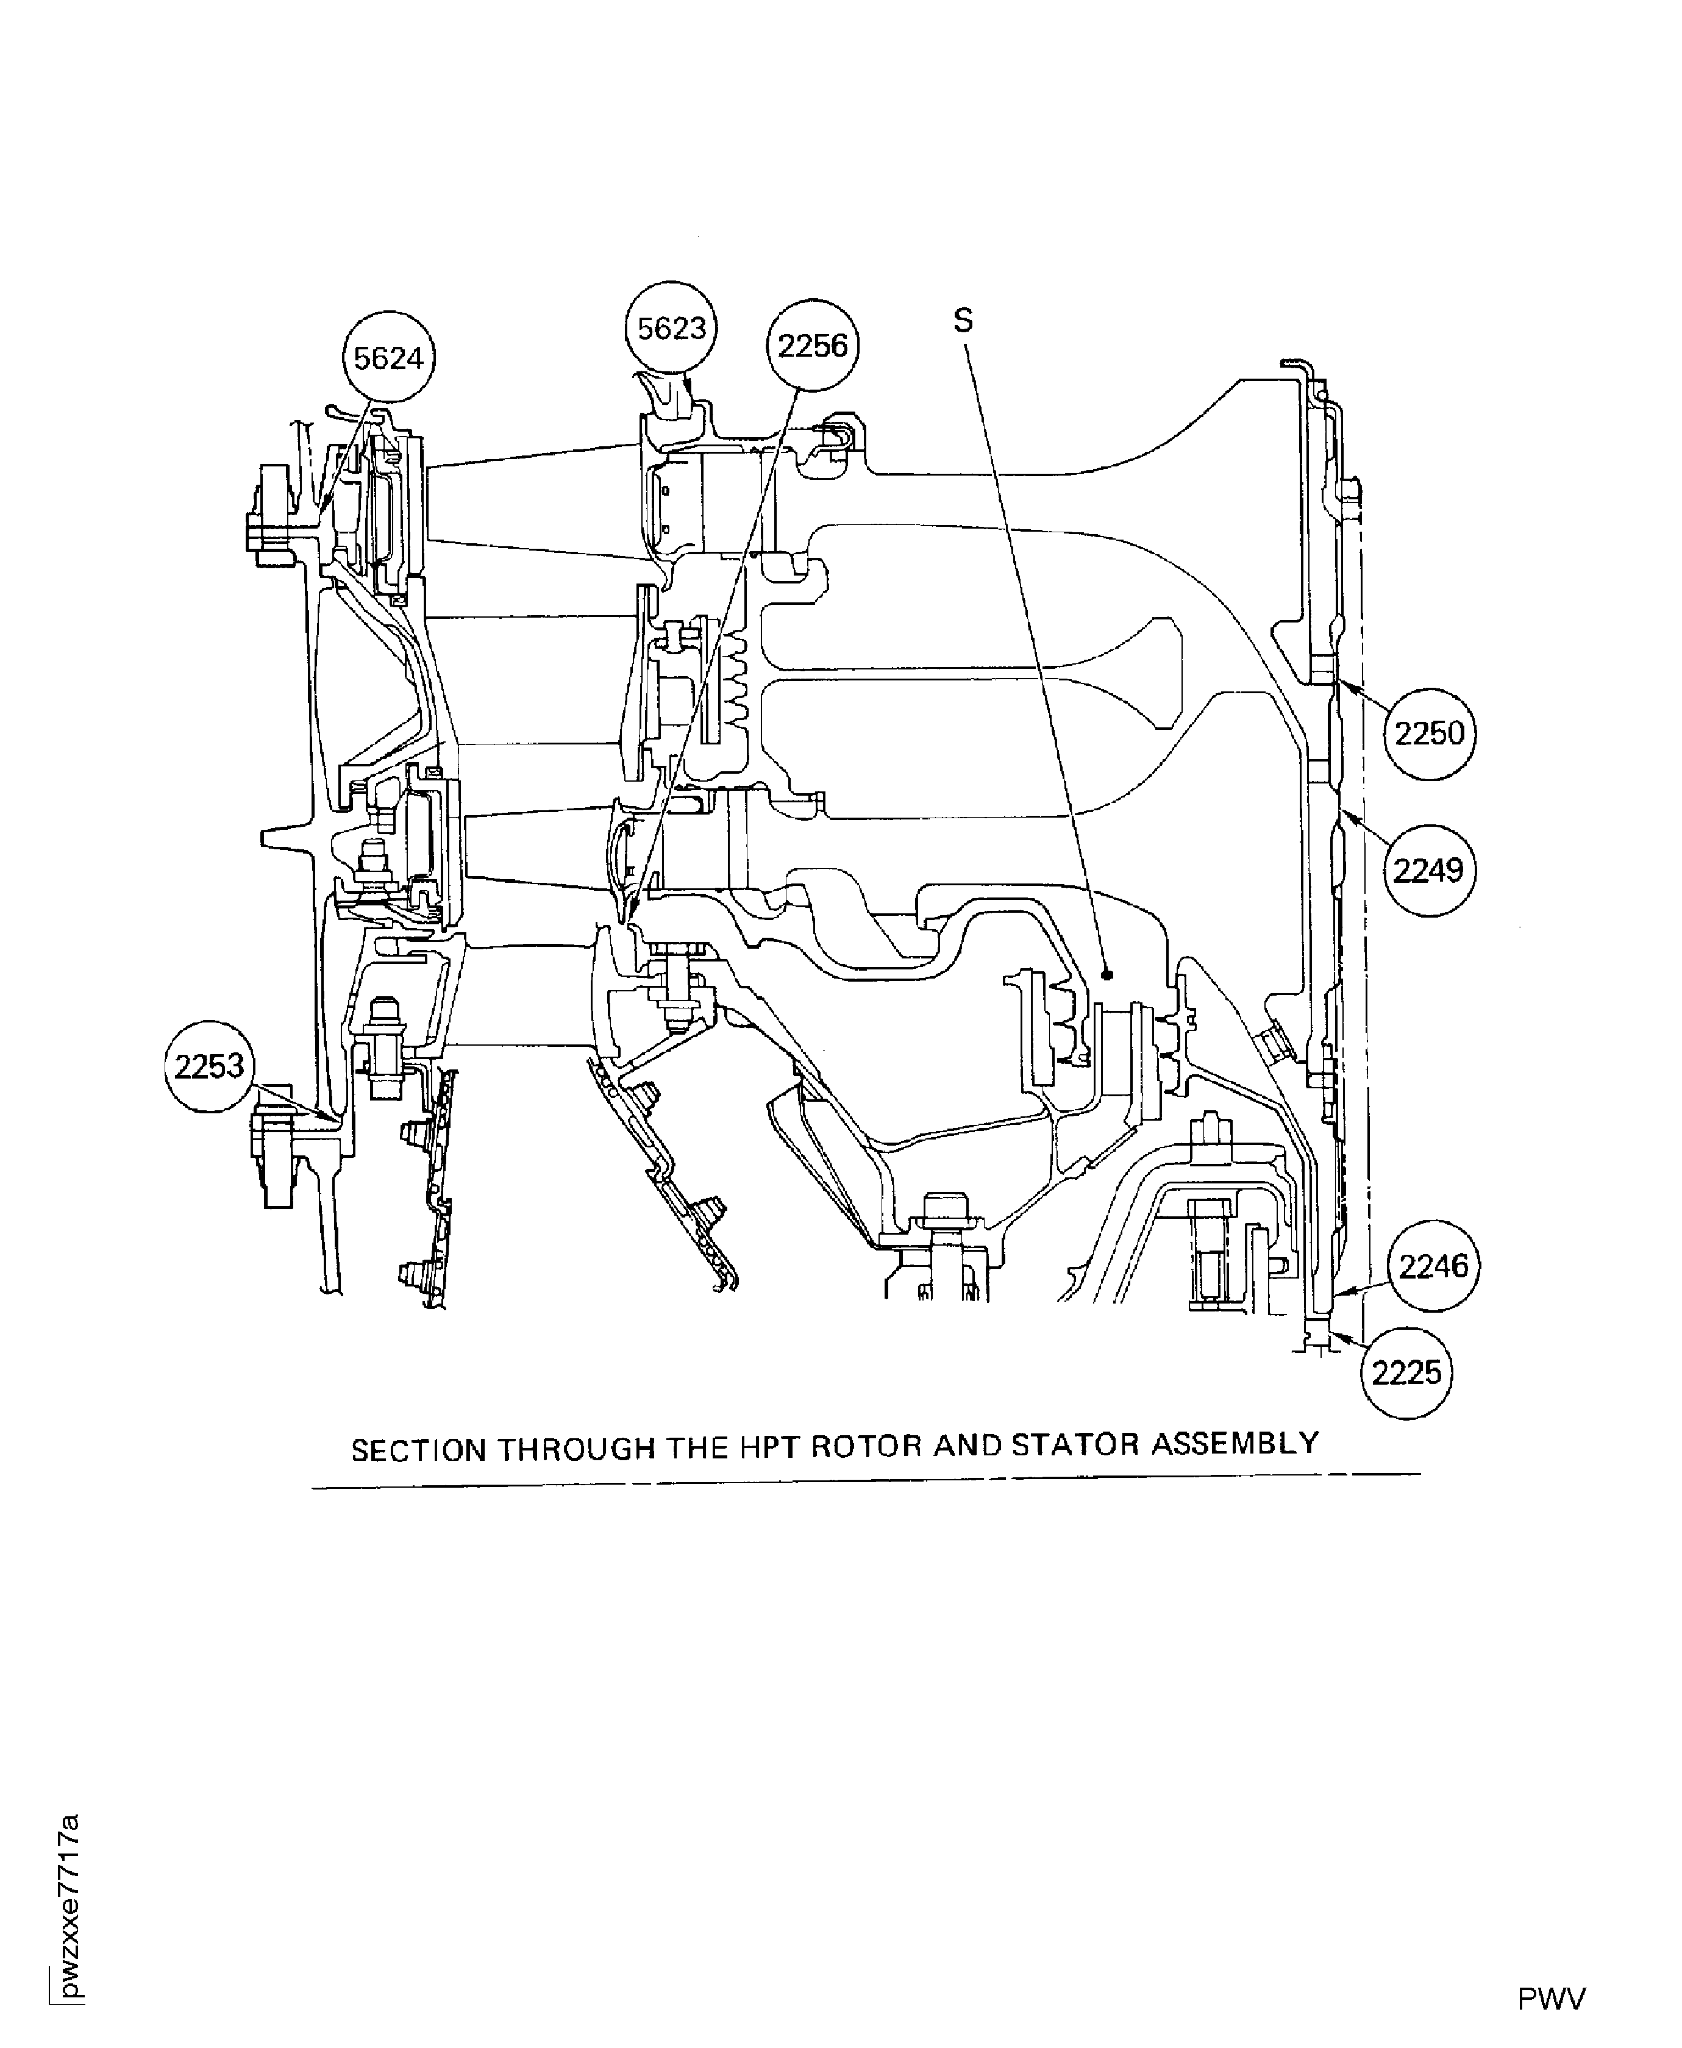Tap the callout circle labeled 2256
click(813, 346)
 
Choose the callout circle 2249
click(1428, 870)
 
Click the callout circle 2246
click(1434, 1265)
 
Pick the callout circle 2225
click(1407, 1373)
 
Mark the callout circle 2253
click(209, 1066)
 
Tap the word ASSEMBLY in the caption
click(1235, 1444)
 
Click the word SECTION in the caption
click(419, 1451)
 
